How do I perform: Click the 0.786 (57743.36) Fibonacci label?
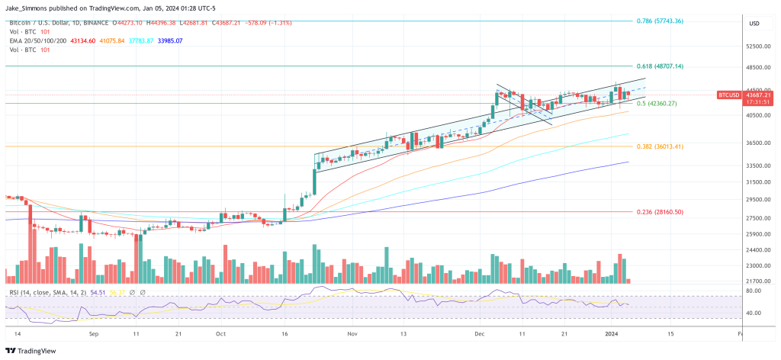pyautogui.click(x=660, y=21)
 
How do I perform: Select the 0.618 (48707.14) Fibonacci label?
pyautogui.click(x=660, y=66)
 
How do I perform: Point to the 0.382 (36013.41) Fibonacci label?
pyautogui.click(x=660, y=146)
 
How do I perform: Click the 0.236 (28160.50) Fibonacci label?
pyautogui.click(x=660, y=211)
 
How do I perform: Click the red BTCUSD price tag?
pyautogui.click(x=729, y=95)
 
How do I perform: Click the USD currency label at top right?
pyautogui.click(x=755, y=23)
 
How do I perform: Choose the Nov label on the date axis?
pyautogui.click(x=352, y=334)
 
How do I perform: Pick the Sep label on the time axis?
pyautogui.click(x=94, y=334)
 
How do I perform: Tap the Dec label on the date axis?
pyautogui.click(x=479, y=334)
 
